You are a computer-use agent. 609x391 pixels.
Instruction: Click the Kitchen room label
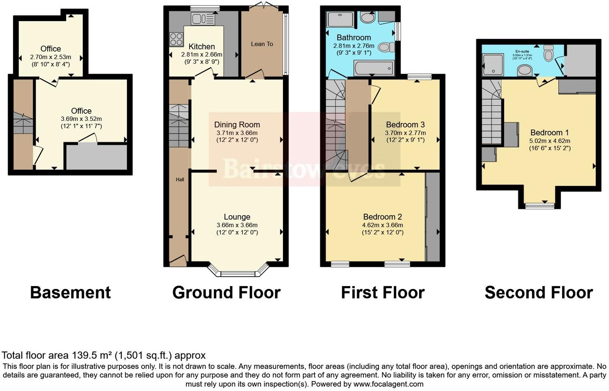point(202,46)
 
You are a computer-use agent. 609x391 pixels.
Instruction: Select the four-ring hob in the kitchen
point(176,39)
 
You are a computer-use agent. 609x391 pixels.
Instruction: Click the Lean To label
point(262,44)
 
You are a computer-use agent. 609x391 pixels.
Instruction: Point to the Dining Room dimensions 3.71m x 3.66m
point(237,133)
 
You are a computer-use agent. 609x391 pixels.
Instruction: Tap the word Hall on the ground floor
point(180,180)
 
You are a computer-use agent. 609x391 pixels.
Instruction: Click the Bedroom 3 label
point(405,124)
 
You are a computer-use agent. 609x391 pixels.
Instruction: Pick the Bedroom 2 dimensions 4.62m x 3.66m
point(382,225)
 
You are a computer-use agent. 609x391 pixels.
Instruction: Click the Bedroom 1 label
point(549,132)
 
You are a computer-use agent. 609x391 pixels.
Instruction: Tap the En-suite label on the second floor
point(522,51)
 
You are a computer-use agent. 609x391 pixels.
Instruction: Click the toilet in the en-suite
point(548,53)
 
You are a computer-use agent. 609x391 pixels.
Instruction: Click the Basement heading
point(70,293)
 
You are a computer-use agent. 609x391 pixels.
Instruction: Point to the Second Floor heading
point(538,293)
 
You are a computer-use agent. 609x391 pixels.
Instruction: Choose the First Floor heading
point(382,293)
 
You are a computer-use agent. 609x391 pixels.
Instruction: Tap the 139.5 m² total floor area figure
point(92,355)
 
